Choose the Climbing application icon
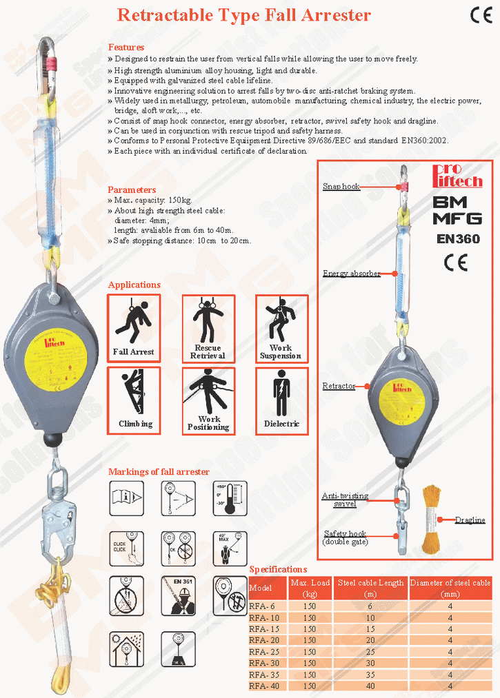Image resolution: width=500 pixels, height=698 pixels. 134,400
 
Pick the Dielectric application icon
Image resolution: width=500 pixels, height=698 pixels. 281,400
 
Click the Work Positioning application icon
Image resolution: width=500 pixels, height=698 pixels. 208,400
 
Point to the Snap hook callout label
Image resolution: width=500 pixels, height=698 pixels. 341,187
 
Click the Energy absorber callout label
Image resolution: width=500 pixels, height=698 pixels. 351,274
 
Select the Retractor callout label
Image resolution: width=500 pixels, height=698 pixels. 339,387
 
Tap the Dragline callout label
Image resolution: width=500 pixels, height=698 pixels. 470,520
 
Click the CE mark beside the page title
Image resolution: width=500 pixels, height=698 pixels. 480,15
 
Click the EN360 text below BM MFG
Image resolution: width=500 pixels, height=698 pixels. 458,240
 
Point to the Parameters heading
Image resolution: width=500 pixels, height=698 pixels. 132,189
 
